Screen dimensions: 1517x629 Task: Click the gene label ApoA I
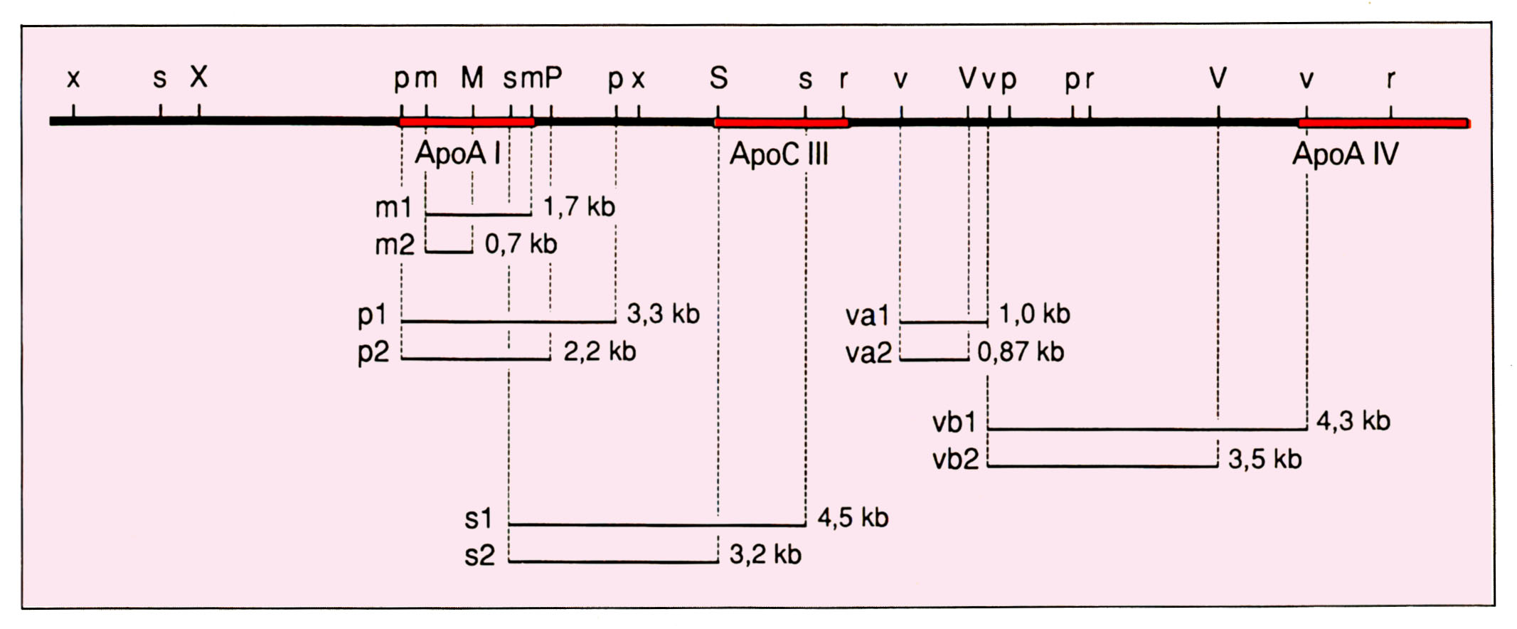tap(459, 154)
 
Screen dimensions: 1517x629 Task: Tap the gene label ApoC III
tap(779, 154)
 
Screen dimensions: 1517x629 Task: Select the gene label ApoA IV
tap(1346, 154)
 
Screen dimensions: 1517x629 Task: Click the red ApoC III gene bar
tap(781, 123)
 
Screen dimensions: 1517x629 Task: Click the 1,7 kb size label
tap(579, 207)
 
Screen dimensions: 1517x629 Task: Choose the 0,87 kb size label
tap(1021, 352)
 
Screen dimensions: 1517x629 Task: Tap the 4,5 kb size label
tap(853, 518)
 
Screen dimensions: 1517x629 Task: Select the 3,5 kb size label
tap(1265, 460)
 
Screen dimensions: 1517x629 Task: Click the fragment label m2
tap(395, 245)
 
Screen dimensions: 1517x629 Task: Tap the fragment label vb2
tap(956, 460)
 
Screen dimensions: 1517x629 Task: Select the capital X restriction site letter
tap(199, 77)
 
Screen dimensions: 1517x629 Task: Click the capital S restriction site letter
tap(718, 78)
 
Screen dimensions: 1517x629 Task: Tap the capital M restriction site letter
tap(472, 78)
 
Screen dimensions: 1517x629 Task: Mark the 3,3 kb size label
tap(663, 314)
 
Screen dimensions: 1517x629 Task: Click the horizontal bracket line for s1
tap(657, 525)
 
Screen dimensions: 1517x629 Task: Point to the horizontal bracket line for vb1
tap(1148, 429)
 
